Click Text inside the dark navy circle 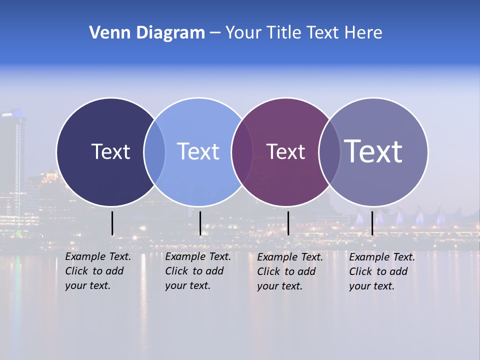coord(110,151)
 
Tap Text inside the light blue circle coord(198,151)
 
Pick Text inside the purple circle coord(285,152)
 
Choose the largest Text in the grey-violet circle coord(373,151)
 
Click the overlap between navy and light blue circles coord(154,152)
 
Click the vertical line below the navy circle coord(112,223)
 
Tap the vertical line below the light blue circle coord(200,223)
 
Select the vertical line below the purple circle coord(288,223)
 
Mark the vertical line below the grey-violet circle coord(372,223)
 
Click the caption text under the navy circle coord(98,271)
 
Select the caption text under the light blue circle coord(198,271)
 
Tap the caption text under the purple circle coord(290,271)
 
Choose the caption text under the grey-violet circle coord(382,271)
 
